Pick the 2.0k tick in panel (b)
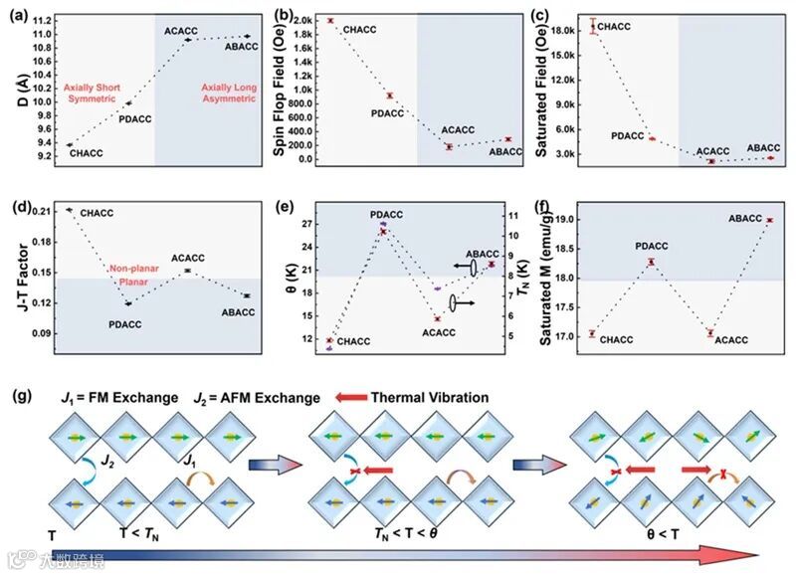click(x=312, y=20)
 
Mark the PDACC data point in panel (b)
click(x=389, y=96)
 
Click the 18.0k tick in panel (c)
click(x=572, y=31)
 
